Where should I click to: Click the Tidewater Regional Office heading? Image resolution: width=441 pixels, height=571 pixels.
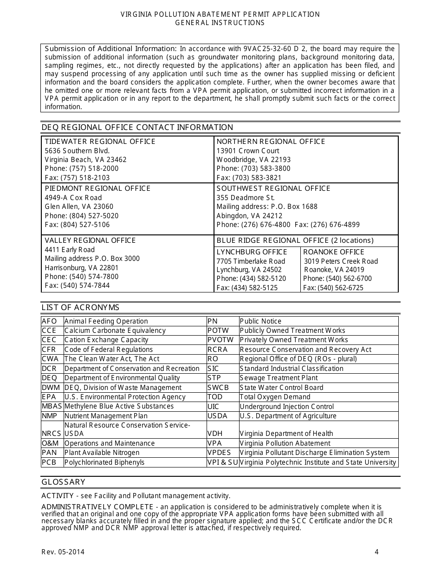100,142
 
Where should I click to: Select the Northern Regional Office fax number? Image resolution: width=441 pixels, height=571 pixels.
249,178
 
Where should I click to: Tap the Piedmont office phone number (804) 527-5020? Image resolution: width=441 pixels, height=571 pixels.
81,216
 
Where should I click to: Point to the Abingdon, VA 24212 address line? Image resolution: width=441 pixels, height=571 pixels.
249,216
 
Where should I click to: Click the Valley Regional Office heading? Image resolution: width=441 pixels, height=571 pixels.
90,240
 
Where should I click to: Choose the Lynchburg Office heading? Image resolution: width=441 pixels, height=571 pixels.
252,252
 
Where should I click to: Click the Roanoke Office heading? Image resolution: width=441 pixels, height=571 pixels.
334,252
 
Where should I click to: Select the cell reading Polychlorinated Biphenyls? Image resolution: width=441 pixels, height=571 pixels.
104,462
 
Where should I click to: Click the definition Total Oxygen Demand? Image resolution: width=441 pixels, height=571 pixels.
275,397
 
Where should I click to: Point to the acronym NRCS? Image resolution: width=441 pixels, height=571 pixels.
52,434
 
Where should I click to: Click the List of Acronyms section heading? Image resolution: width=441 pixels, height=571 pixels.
80,307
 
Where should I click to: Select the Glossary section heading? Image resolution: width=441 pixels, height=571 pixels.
64,482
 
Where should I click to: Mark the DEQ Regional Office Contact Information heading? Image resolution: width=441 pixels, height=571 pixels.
137,127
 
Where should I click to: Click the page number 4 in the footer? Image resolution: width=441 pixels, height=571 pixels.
377,552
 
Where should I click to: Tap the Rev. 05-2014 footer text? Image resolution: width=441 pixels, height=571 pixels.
63,552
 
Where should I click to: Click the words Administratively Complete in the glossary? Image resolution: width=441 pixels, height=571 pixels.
97,506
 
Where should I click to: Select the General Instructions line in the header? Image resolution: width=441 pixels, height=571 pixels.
220,23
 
